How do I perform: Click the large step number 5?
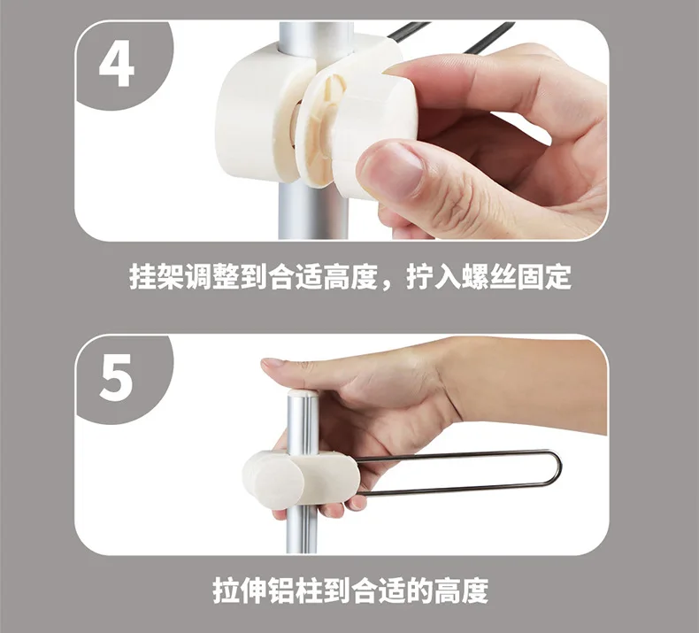coord(116,377)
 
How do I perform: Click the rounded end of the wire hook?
coord(557,470)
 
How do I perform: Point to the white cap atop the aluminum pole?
coord(303,393)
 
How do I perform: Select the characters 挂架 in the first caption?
coord(157,276)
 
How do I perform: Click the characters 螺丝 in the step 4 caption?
coord(488,276)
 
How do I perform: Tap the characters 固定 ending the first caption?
coord(544,276)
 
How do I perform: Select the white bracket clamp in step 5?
coord(302,478)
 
